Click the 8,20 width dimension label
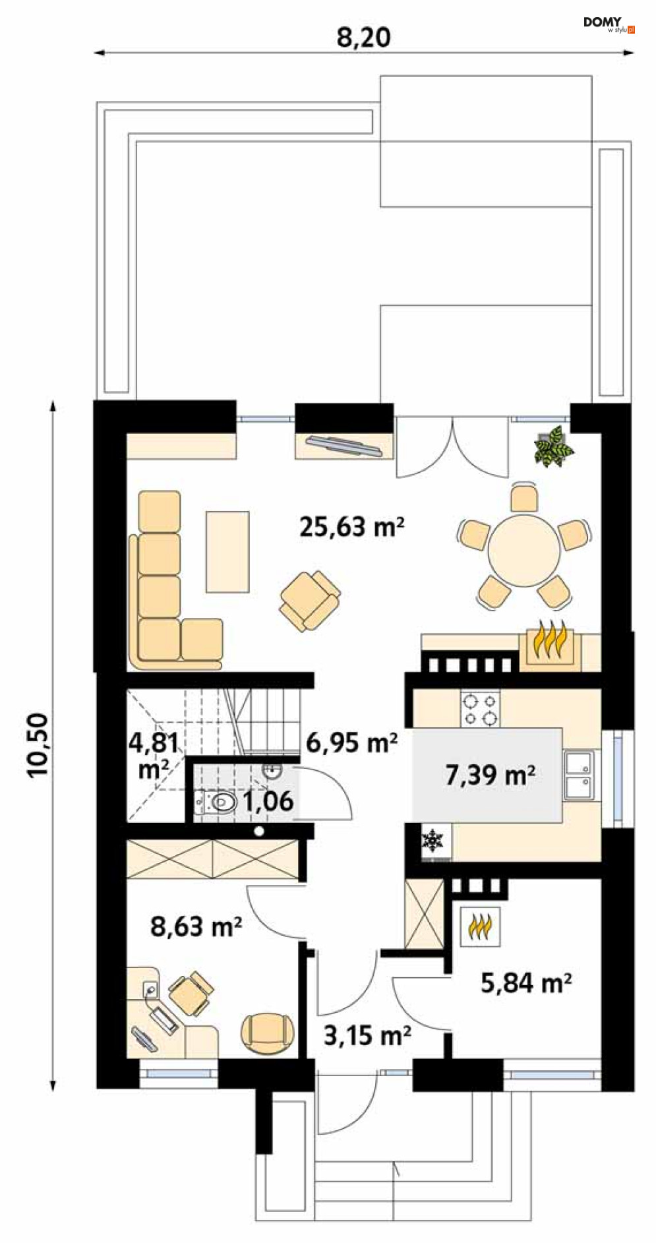click(364, 38)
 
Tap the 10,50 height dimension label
click(39, 744)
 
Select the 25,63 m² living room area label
click(351, 527)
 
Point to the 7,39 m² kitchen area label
click(490, 775)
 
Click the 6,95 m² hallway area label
click(352, 743)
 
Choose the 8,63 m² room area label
click(196, 926)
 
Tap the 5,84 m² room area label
click(526, 983)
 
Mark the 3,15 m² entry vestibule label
click(368, 1035)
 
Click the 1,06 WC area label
click(268, 801)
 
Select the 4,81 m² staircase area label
click(154, 756)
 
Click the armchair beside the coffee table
click(310, 600)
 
